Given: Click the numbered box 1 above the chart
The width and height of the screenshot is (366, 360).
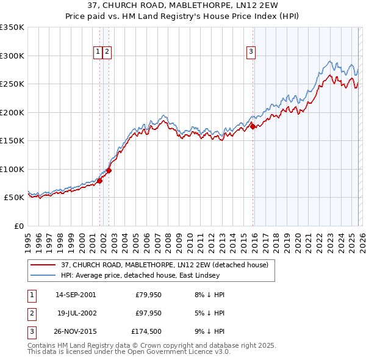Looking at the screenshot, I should (x=98, y=52).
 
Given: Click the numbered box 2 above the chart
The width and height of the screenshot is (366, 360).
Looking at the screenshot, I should (x=107, y=52).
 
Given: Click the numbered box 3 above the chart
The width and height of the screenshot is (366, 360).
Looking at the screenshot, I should (x=251, y=52).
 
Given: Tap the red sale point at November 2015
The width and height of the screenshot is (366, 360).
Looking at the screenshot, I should (x=253, y=127).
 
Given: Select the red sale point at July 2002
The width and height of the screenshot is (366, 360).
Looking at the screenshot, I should (x=109, y=170).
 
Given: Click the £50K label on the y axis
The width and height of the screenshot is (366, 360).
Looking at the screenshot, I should (x=14, y=198).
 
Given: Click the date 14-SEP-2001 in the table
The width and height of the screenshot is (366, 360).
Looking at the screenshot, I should (x=75, y=295).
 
